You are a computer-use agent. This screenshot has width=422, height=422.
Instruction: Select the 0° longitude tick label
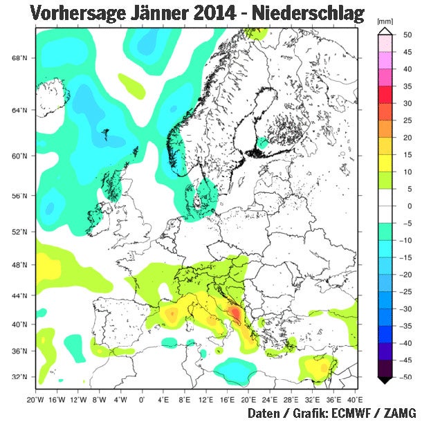142,400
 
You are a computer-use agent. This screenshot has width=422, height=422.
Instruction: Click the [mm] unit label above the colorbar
385,22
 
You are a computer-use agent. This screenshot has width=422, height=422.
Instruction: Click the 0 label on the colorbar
407,206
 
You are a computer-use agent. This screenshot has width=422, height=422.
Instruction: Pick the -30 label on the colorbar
408,309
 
